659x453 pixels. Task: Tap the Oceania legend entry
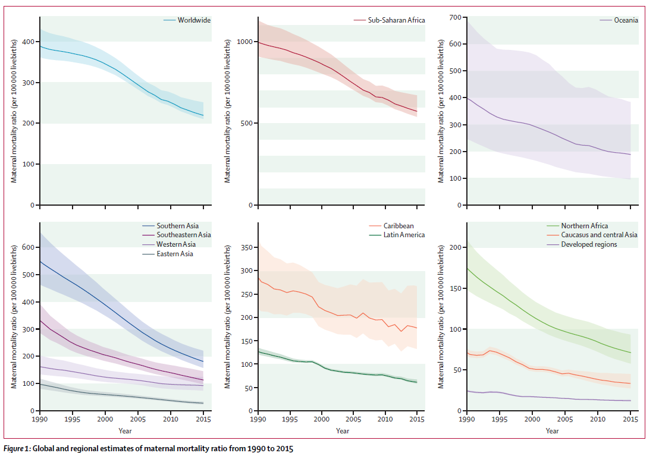click(626, 20)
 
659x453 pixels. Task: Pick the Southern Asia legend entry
click(177, 226)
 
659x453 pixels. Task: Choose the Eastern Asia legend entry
click(175, 254)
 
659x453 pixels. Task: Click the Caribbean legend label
click(398, 226)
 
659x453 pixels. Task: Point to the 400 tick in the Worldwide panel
click(27, 42)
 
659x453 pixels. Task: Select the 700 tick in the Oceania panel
click(456, 17)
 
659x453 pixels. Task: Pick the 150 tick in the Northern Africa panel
click(456, 288)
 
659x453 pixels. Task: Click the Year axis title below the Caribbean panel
click(341, 431)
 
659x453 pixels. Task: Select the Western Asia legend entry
click(175, 244)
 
